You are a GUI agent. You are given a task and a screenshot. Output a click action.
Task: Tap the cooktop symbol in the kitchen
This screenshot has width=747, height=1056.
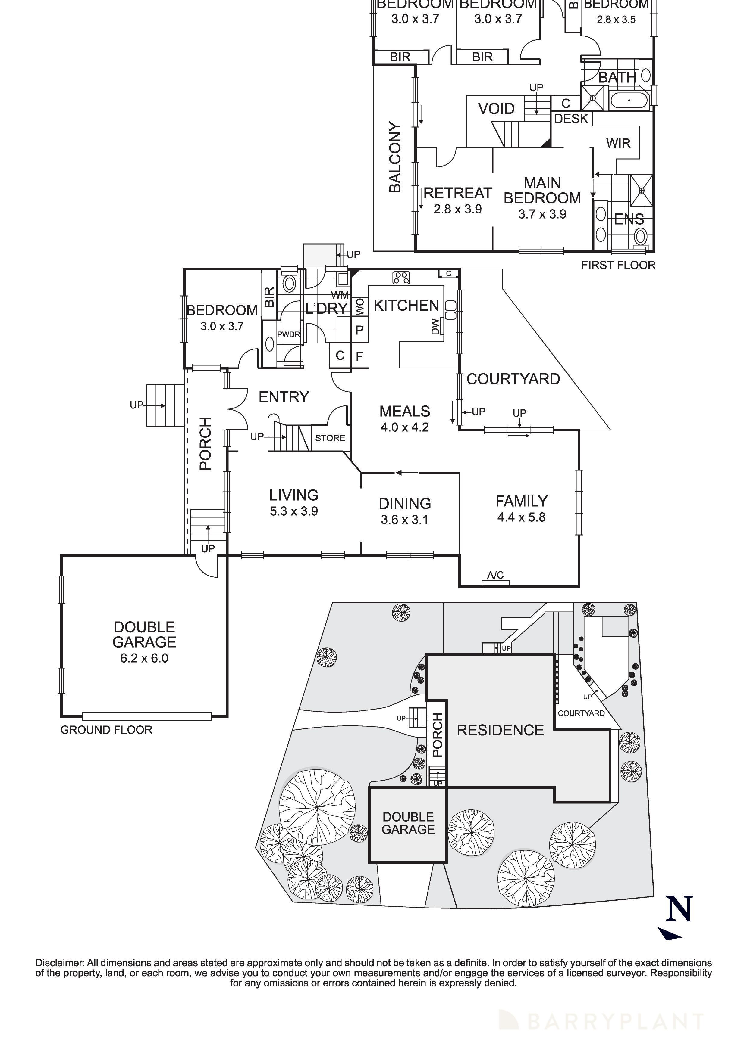tap(401, 277)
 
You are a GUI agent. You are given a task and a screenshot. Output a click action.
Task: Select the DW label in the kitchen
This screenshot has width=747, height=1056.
tap(435, 328)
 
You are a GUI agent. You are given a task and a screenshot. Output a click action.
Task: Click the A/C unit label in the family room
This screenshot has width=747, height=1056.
tap(495, 575)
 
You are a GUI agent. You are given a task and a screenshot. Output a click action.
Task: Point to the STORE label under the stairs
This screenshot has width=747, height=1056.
tap(330, 438)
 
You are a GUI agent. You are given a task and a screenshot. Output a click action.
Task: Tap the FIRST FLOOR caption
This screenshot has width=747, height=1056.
tap(618, 266)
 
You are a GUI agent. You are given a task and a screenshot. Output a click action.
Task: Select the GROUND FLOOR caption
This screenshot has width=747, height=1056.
tap(106, 730)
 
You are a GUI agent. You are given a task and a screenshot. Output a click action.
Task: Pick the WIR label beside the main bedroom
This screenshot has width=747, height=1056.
tap(618, 144)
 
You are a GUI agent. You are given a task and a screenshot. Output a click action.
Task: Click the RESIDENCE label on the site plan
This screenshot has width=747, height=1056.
tap(500, 730)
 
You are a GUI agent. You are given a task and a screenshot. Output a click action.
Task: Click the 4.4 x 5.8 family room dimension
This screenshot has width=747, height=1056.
tap(521, 517)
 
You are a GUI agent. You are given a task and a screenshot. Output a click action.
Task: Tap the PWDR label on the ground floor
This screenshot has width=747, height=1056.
tap(289, 334)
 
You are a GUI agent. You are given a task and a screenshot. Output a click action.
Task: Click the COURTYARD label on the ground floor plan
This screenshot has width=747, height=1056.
tap(513, 379)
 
